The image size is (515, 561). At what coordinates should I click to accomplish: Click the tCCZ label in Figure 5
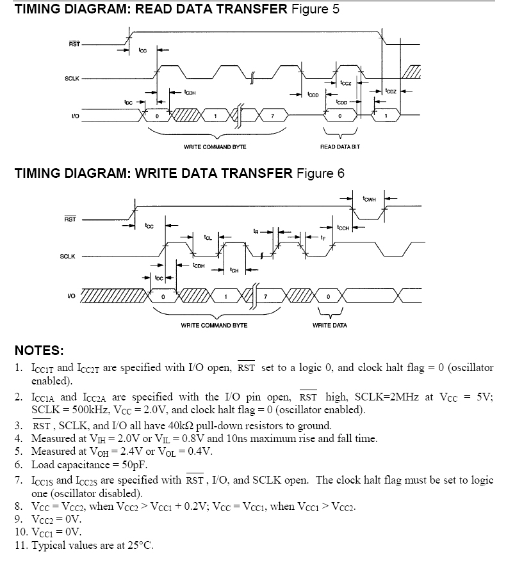[x=346, y=83]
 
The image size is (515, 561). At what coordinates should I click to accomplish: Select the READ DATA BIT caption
[x=339, y=146]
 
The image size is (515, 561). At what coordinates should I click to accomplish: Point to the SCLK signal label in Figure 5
[x=72, y=77]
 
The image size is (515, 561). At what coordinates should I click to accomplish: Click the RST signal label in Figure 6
[x=71, y=219]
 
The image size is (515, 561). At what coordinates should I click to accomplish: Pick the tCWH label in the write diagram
[x=370, y=200]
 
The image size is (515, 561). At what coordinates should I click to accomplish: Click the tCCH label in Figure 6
[x=343, y=227]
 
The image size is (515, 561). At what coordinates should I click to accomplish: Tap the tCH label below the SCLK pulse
[x=234, y=269]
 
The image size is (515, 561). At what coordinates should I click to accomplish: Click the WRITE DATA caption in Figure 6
[x=330, y=325]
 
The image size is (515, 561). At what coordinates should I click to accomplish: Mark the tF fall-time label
[x=323, y=237]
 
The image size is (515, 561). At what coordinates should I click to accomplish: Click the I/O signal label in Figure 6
[x=72, y=296]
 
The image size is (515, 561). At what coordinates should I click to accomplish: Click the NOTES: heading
[x=39, y=351]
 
